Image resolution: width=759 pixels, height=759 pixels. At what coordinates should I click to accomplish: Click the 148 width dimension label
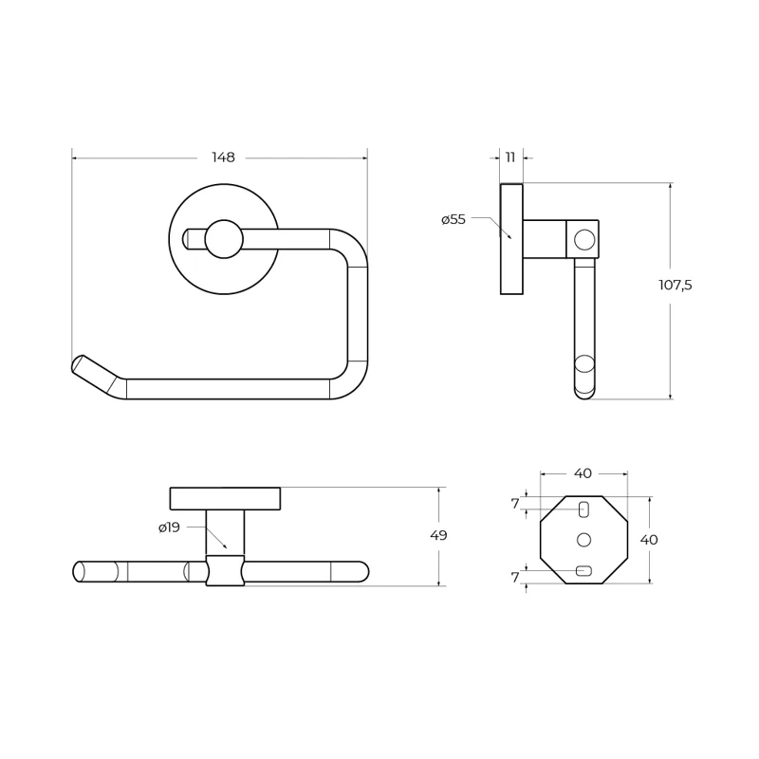click(x=223, y=157)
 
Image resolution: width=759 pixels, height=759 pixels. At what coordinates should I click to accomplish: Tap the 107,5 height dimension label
click(x=676, y=286)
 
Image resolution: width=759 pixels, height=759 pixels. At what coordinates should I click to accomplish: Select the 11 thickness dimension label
click(x=510, y=157)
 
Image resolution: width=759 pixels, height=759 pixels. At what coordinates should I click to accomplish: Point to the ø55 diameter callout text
click(x=454, y=219)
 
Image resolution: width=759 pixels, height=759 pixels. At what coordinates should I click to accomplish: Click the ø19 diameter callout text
click(x=170, y=528)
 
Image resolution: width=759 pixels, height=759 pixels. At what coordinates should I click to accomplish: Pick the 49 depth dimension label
click(x=438, y=535)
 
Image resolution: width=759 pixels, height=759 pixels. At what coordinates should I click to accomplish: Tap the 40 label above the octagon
click(x=583, y=473)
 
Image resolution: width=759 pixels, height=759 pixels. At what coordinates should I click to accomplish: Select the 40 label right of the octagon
click(x=649, y=539)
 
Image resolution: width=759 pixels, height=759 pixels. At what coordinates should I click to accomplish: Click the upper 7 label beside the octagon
click(x=515, y=504)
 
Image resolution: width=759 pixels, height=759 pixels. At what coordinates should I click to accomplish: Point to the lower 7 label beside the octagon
click(x=515, y=577)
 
